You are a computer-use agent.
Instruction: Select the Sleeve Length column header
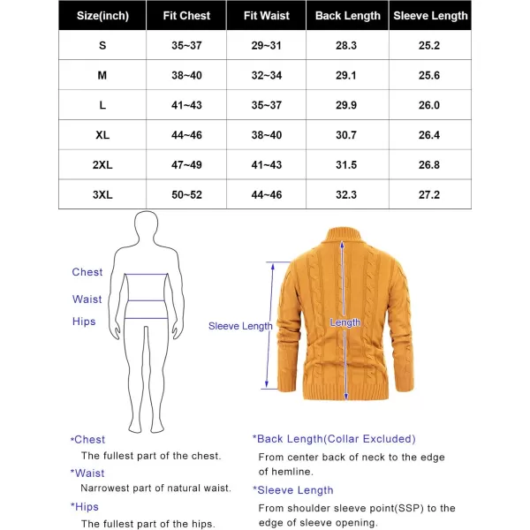[431, 16]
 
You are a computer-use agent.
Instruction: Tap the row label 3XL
[102, 193]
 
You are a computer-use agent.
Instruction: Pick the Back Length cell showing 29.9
[347, 104]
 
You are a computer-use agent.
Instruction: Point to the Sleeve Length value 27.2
[431, 193]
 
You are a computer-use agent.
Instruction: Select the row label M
[102, 75]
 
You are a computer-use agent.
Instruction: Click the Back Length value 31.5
[347, 164]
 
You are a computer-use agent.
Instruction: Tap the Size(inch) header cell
[102, 16]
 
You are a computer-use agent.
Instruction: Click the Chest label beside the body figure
[87, 272]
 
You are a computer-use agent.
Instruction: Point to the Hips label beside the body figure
[84, 322]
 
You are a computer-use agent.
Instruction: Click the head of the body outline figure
[148, 226]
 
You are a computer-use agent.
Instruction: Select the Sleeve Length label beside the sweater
[240, 326]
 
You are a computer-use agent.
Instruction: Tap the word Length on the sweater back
[345, 323]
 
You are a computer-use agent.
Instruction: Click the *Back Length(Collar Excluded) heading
[334, 439]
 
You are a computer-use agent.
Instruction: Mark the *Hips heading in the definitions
[85, 507]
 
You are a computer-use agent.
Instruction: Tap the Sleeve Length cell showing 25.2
[431, 45]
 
